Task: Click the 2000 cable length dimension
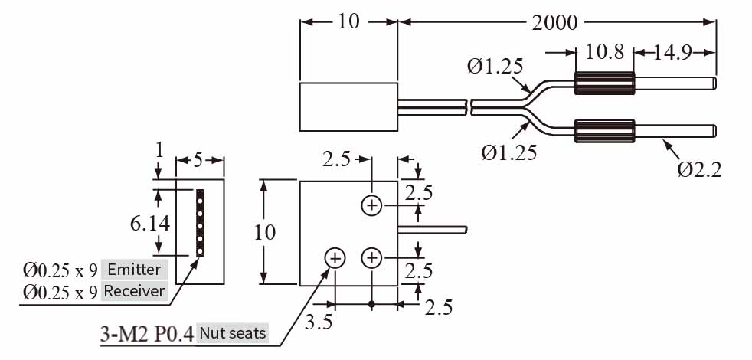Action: coord(556,22)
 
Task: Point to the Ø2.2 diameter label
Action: coord(699,169)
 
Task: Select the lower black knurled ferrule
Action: coord(604,131)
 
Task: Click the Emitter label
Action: coord(135,270)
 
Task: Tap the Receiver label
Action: coord(134,291)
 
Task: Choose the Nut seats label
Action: coord(232,333)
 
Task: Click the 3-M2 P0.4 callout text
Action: coord(146,334)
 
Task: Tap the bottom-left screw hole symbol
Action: coord(335,259)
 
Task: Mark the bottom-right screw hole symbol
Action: coord(371,259)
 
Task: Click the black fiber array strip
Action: coord(201,223)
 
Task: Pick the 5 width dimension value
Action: coord(198,161)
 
